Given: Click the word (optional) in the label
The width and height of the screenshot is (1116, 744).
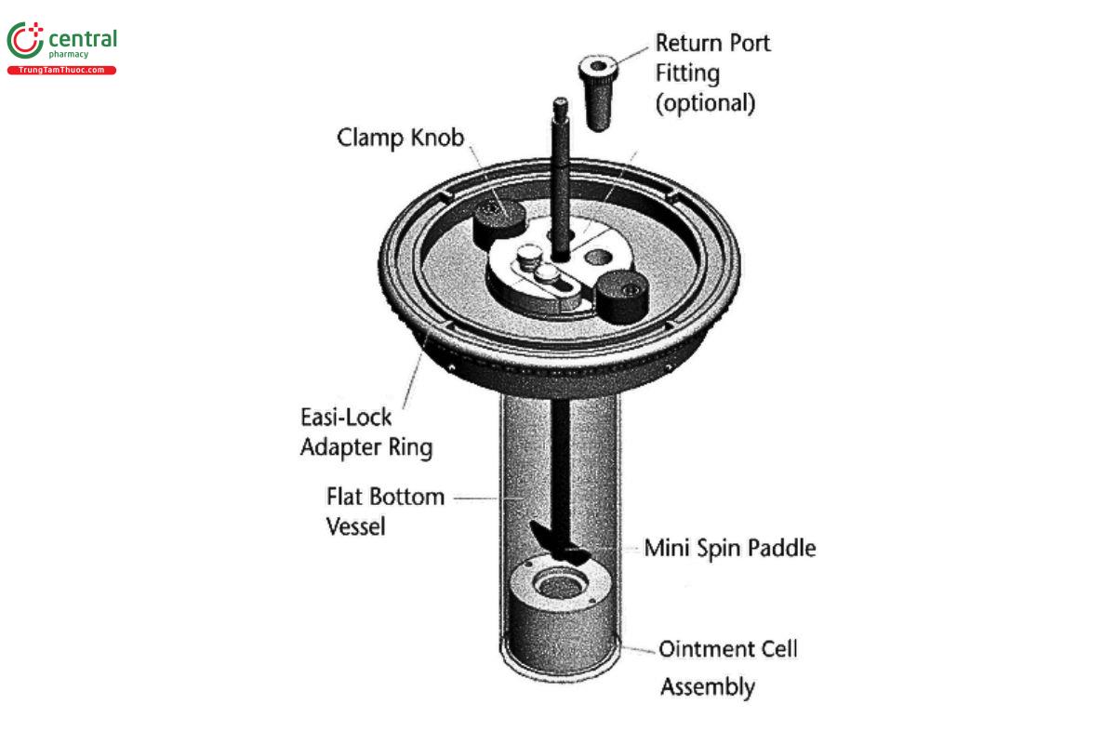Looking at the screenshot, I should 705,102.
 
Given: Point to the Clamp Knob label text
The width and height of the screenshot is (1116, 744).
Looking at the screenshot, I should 400,138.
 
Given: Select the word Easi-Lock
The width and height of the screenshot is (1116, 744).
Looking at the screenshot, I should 345,417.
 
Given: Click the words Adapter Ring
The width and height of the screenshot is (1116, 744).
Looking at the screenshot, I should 365,447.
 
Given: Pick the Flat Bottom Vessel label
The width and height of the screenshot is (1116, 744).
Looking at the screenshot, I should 385,511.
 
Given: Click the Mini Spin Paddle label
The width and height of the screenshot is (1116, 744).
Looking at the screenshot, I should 730,548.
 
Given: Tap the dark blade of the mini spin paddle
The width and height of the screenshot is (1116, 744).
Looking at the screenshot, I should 559,548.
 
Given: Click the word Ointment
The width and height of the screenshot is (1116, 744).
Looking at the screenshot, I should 702,648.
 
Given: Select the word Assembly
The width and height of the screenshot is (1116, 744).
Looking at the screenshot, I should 707,687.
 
